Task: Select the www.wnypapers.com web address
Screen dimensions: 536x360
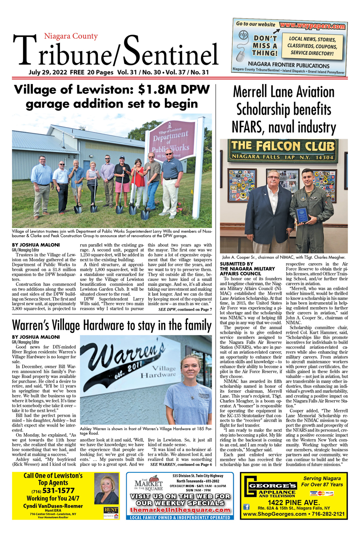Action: tap(313, 26)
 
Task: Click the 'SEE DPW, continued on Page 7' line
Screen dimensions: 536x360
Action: tap(185, 296)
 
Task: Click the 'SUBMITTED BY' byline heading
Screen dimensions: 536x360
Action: tap(237, 264)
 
